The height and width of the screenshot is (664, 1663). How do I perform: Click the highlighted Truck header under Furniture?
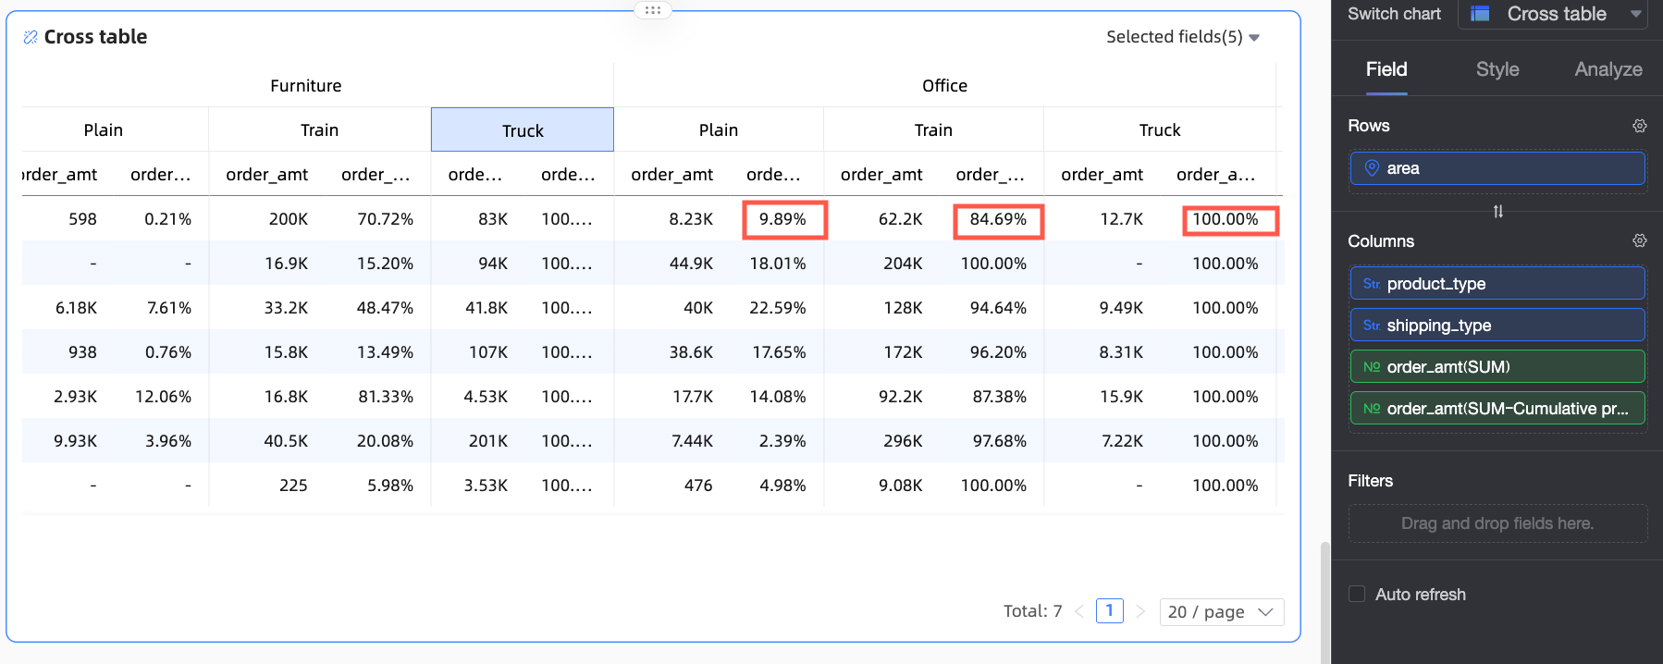(x=523, y=130)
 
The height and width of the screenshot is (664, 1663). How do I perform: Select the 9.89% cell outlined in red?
(x=783, y=219)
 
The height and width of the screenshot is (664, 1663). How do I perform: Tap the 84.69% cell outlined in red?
(x=998, y=219)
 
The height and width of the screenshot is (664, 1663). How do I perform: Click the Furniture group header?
(x=306, y=86)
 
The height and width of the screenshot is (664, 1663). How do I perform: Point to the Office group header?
(x=944, y=86)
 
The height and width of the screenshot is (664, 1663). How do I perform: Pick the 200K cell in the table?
(x=289, y=219)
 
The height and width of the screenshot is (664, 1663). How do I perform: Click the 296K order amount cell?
(x=903, y=441)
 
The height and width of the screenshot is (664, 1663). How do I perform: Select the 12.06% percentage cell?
(x=163, y=397)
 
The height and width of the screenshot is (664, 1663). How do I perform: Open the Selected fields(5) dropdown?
(x=1183, y=37)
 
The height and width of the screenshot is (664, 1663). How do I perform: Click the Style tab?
(x=1497, y=69)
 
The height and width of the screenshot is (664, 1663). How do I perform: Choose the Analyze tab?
(x=1608, y=69)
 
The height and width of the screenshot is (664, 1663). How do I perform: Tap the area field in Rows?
(x=1497, y=168)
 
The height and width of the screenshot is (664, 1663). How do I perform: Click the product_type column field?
(x=1497, y=284)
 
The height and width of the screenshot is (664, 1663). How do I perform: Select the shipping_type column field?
(x=1497, y=326)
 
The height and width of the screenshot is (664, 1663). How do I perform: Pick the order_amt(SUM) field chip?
(x=1497, y=367)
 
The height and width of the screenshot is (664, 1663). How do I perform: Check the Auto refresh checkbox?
(x=1357, y=594)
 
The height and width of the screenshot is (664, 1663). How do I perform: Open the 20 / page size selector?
(x=1221, y=612)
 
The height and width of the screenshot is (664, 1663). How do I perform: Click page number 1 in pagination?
(x=1109, y=611)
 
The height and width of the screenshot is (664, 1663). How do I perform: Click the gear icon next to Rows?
(x=1640, y=126)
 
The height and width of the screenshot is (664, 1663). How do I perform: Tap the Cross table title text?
(x=95, y=37)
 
